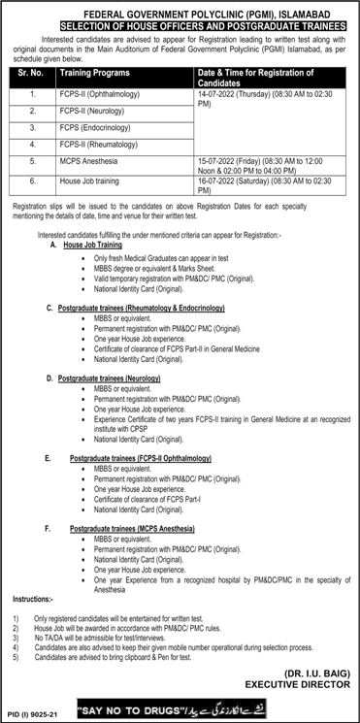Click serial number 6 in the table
pyautogui.click(x=32, y=181)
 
